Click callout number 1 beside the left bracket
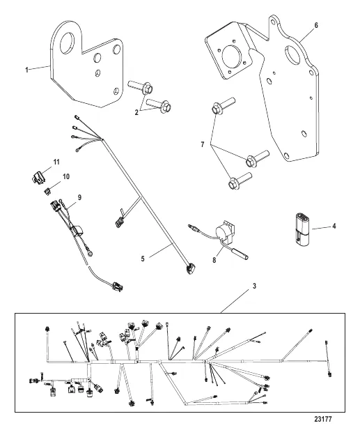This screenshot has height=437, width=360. (26, 70)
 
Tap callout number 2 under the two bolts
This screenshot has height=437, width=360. (136, 113)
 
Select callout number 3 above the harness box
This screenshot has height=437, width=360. (254, 286)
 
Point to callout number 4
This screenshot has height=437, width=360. (334, 226)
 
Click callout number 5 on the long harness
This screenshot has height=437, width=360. (143, 259)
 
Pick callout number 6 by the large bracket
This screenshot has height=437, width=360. (316, 25)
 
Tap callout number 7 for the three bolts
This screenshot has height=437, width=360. (203, 145)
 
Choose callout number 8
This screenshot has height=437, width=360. (214, 261)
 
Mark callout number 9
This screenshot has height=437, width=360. (79, 197)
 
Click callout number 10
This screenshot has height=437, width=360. (66, 177)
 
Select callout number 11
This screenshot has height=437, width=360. (56, 162)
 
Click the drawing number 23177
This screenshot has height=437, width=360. (323, 419)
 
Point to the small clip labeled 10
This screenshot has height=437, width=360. (47, 191)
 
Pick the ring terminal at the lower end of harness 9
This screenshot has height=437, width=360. (91, 253)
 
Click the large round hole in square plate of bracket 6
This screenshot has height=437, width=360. (231, 59)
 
